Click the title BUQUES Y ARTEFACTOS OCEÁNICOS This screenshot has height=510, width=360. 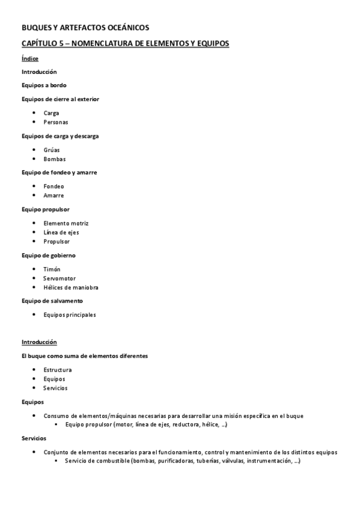click(x=85, y=28)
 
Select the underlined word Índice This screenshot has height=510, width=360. click(x=30, y=58)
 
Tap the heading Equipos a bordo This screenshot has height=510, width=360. click(x=44, y=85)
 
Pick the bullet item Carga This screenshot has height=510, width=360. click(x=51, y=112)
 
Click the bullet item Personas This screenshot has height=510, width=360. click(x=55, y=122)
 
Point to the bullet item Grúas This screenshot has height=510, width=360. click(x=52, y=150)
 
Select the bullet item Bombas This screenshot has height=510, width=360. click(x=54, y=159)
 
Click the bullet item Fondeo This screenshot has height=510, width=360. click(x=53, y=186)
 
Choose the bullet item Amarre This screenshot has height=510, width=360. click(x=53, y=195)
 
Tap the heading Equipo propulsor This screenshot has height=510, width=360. click(x=46, y=209)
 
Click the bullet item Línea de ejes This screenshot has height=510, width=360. click(x=61, y=232)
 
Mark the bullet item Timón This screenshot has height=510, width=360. click(x=52, y=269)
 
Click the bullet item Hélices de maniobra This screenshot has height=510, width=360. click(x=71, y=287)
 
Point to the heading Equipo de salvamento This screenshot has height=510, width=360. click(x=52, y=301)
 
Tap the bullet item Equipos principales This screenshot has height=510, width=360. click(x=70, y=315)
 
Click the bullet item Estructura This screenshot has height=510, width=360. click(x=58, y=369)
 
